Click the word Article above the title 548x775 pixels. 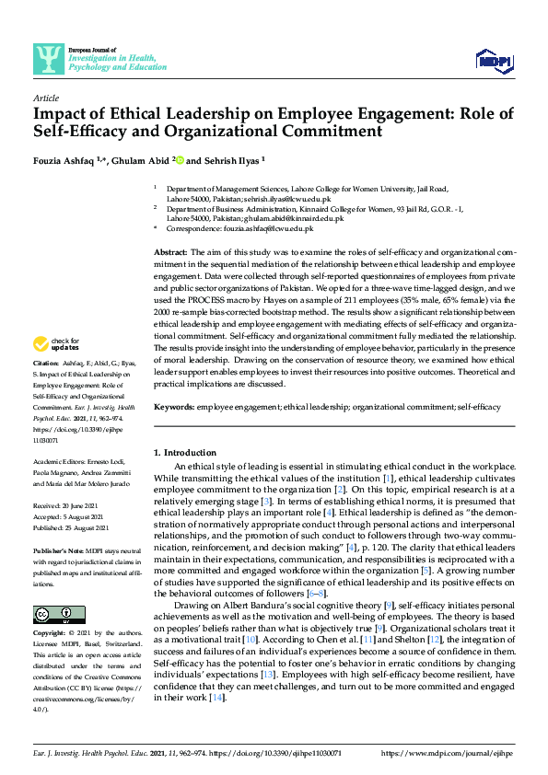[x=46, y=98]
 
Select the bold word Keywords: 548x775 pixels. [x=173, y=406]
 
